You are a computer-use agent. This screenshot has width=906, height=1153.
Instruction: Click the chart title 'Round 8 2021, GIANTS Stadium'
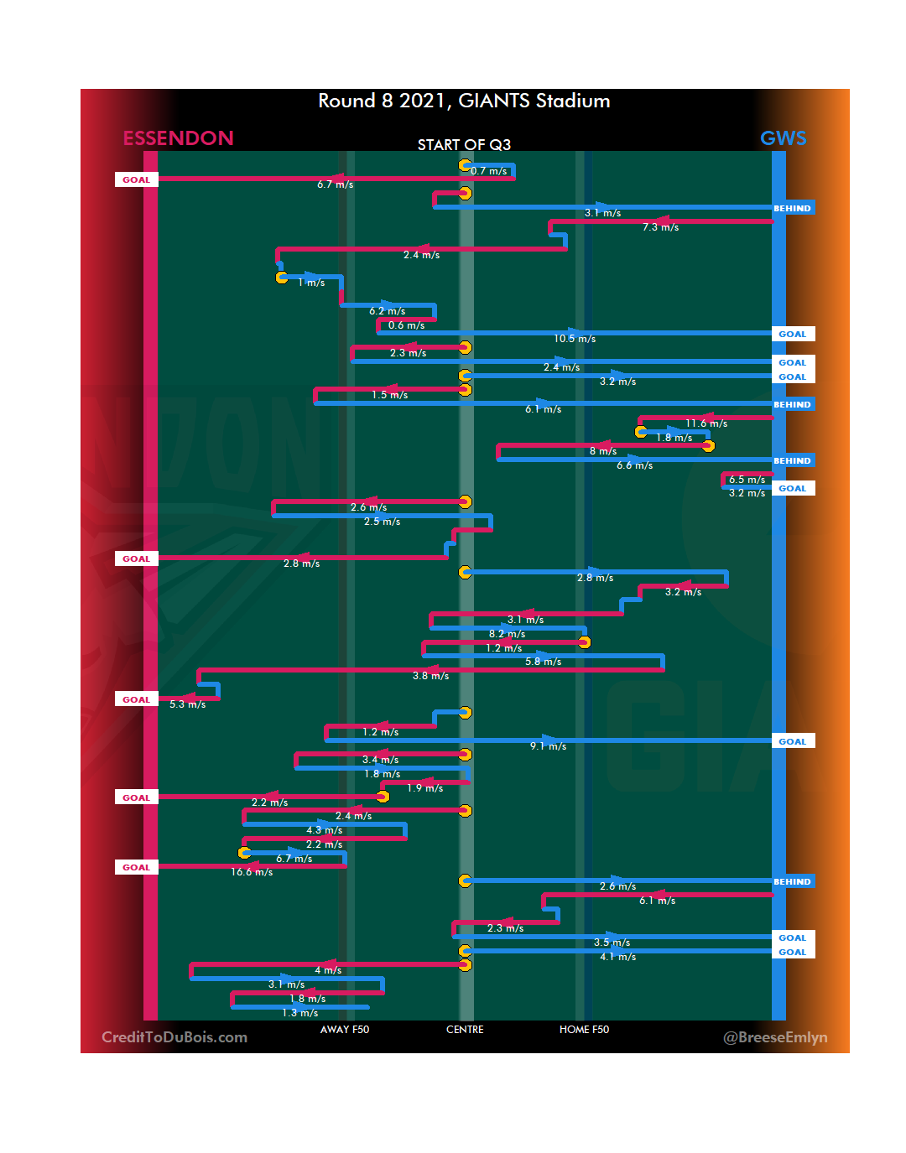(x=464, y=101)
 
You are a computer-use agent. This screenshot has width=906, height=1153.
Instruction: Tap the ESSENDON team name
(x=178, y=138)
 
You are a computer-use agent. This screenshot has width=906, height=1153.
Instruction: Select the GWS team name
(x=783, y=138)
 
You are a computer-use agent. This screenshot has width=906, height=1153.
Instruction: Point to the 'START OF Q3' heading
(x=464, y=145)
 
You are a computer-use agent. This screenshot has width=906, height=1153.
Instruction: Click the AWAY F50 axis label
(x=344, y=1030)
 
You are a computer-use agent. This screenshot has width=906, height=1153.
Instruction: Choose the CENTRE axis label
(x=465, y=1030)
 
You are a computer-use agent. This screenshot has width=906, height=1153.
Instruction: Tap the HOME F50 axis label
(x=584, y=1030)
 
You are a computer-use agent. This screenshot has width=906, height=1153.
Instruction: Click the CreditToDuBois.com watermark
(x=174, y=1037)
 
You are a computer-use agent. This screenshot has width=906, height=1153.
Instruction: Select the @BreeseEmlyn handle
(x=775, y=1037)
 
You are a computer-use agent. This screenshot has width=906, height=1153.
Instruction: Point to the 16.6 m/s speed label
(x=252, y=873)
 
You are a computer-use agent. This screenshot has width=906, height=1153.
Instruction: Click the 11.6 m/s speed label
(x=706, y=423)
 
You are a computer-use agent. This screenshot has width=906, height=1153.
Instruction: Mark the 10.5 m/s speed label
(x=575, y=339)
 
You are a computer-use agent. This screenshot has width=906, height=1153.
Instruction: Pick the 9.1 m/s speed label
(x=548, y=746)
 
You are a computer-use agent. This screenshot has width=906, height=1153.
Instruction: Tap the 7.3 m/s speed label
(x=660, y=227)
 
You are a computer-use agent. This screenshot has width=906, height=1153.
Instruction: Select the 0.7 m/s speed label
(x=488, y=171)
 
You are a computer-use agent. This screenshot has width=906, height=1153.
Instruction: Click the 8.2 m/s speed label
(x=507, y=634)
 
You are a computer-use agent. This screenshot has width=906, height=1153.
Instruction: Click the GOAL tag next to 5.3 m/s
(x=136, y=699)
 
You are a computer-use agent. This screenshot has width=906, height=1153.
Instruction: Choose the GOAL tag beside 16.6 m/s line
(x=136, y=868)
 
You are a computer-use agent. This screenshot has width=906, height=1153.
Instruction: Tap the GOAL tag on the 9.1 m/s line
(x=792, y=741)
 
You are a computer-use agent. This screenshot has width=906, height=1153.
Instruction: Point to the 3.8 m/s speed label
(x=430, y=676)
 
